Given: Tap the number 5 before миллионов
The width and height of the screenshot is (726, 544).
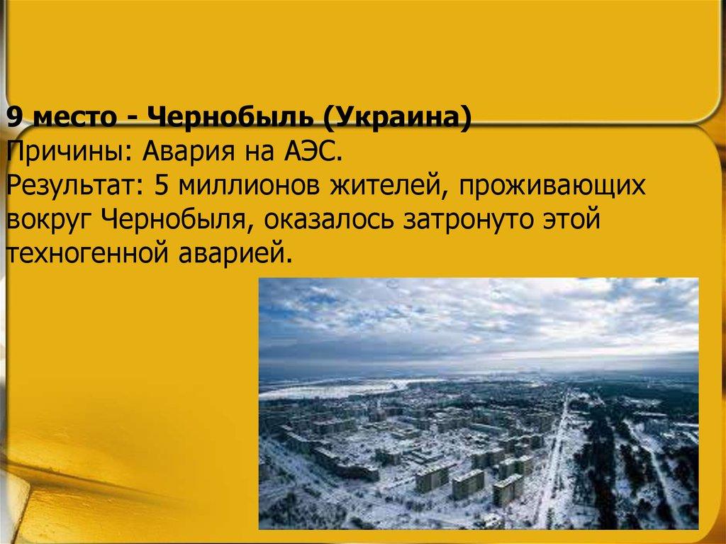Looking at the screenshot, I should pyautogui.click(x=161, y=186).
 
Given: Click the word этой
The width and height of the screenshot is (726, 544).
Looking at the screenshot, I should pyautogui.click(x=574, y=220).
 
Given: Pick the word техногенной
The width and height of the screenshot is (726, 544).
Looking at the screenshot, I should pyautogui.click(x=84, y=254).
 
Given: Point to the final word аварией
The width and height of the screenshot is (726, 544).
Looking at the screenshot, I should pyautogui.click(x=230, y=254).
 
